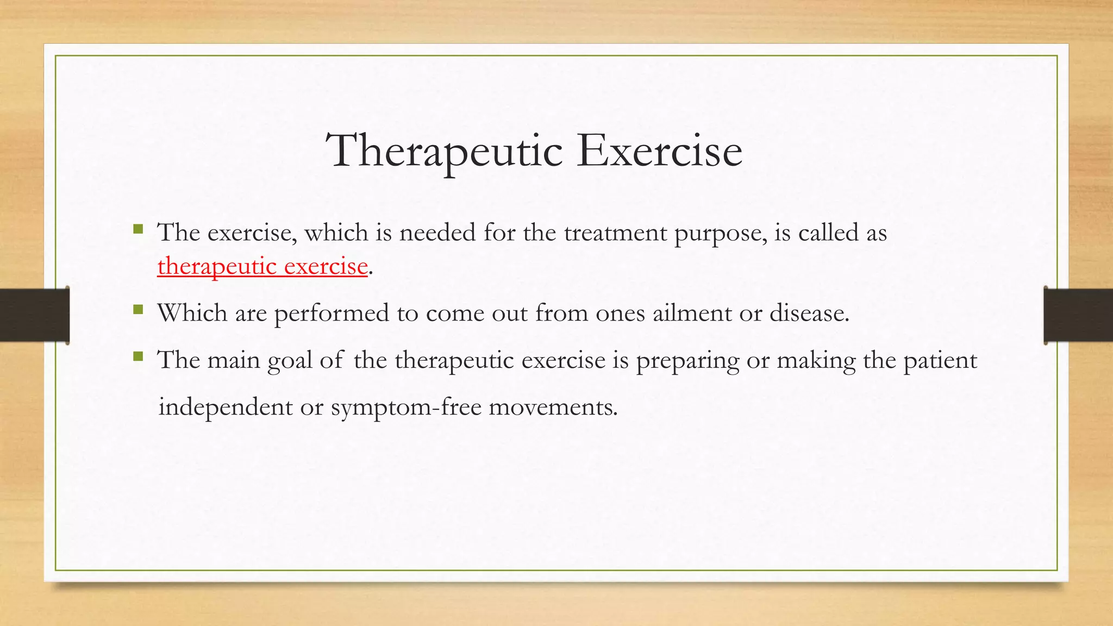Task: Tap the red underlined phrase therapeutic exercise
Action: tap(262, 266)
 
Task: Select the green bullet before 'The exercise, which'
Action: tap(138, 229)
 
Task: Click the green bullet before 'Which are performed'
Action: tap(138, 310)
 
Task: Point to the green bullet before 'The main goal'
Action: tap(138, 357)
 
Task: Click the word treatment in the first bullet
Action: tap(615, 233)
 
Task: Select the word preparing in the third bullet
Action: tap(687, 361)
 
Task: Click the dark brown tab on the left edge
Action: tap(34, 315)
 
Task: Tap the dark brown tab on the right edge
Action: tap(1078, 315)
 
